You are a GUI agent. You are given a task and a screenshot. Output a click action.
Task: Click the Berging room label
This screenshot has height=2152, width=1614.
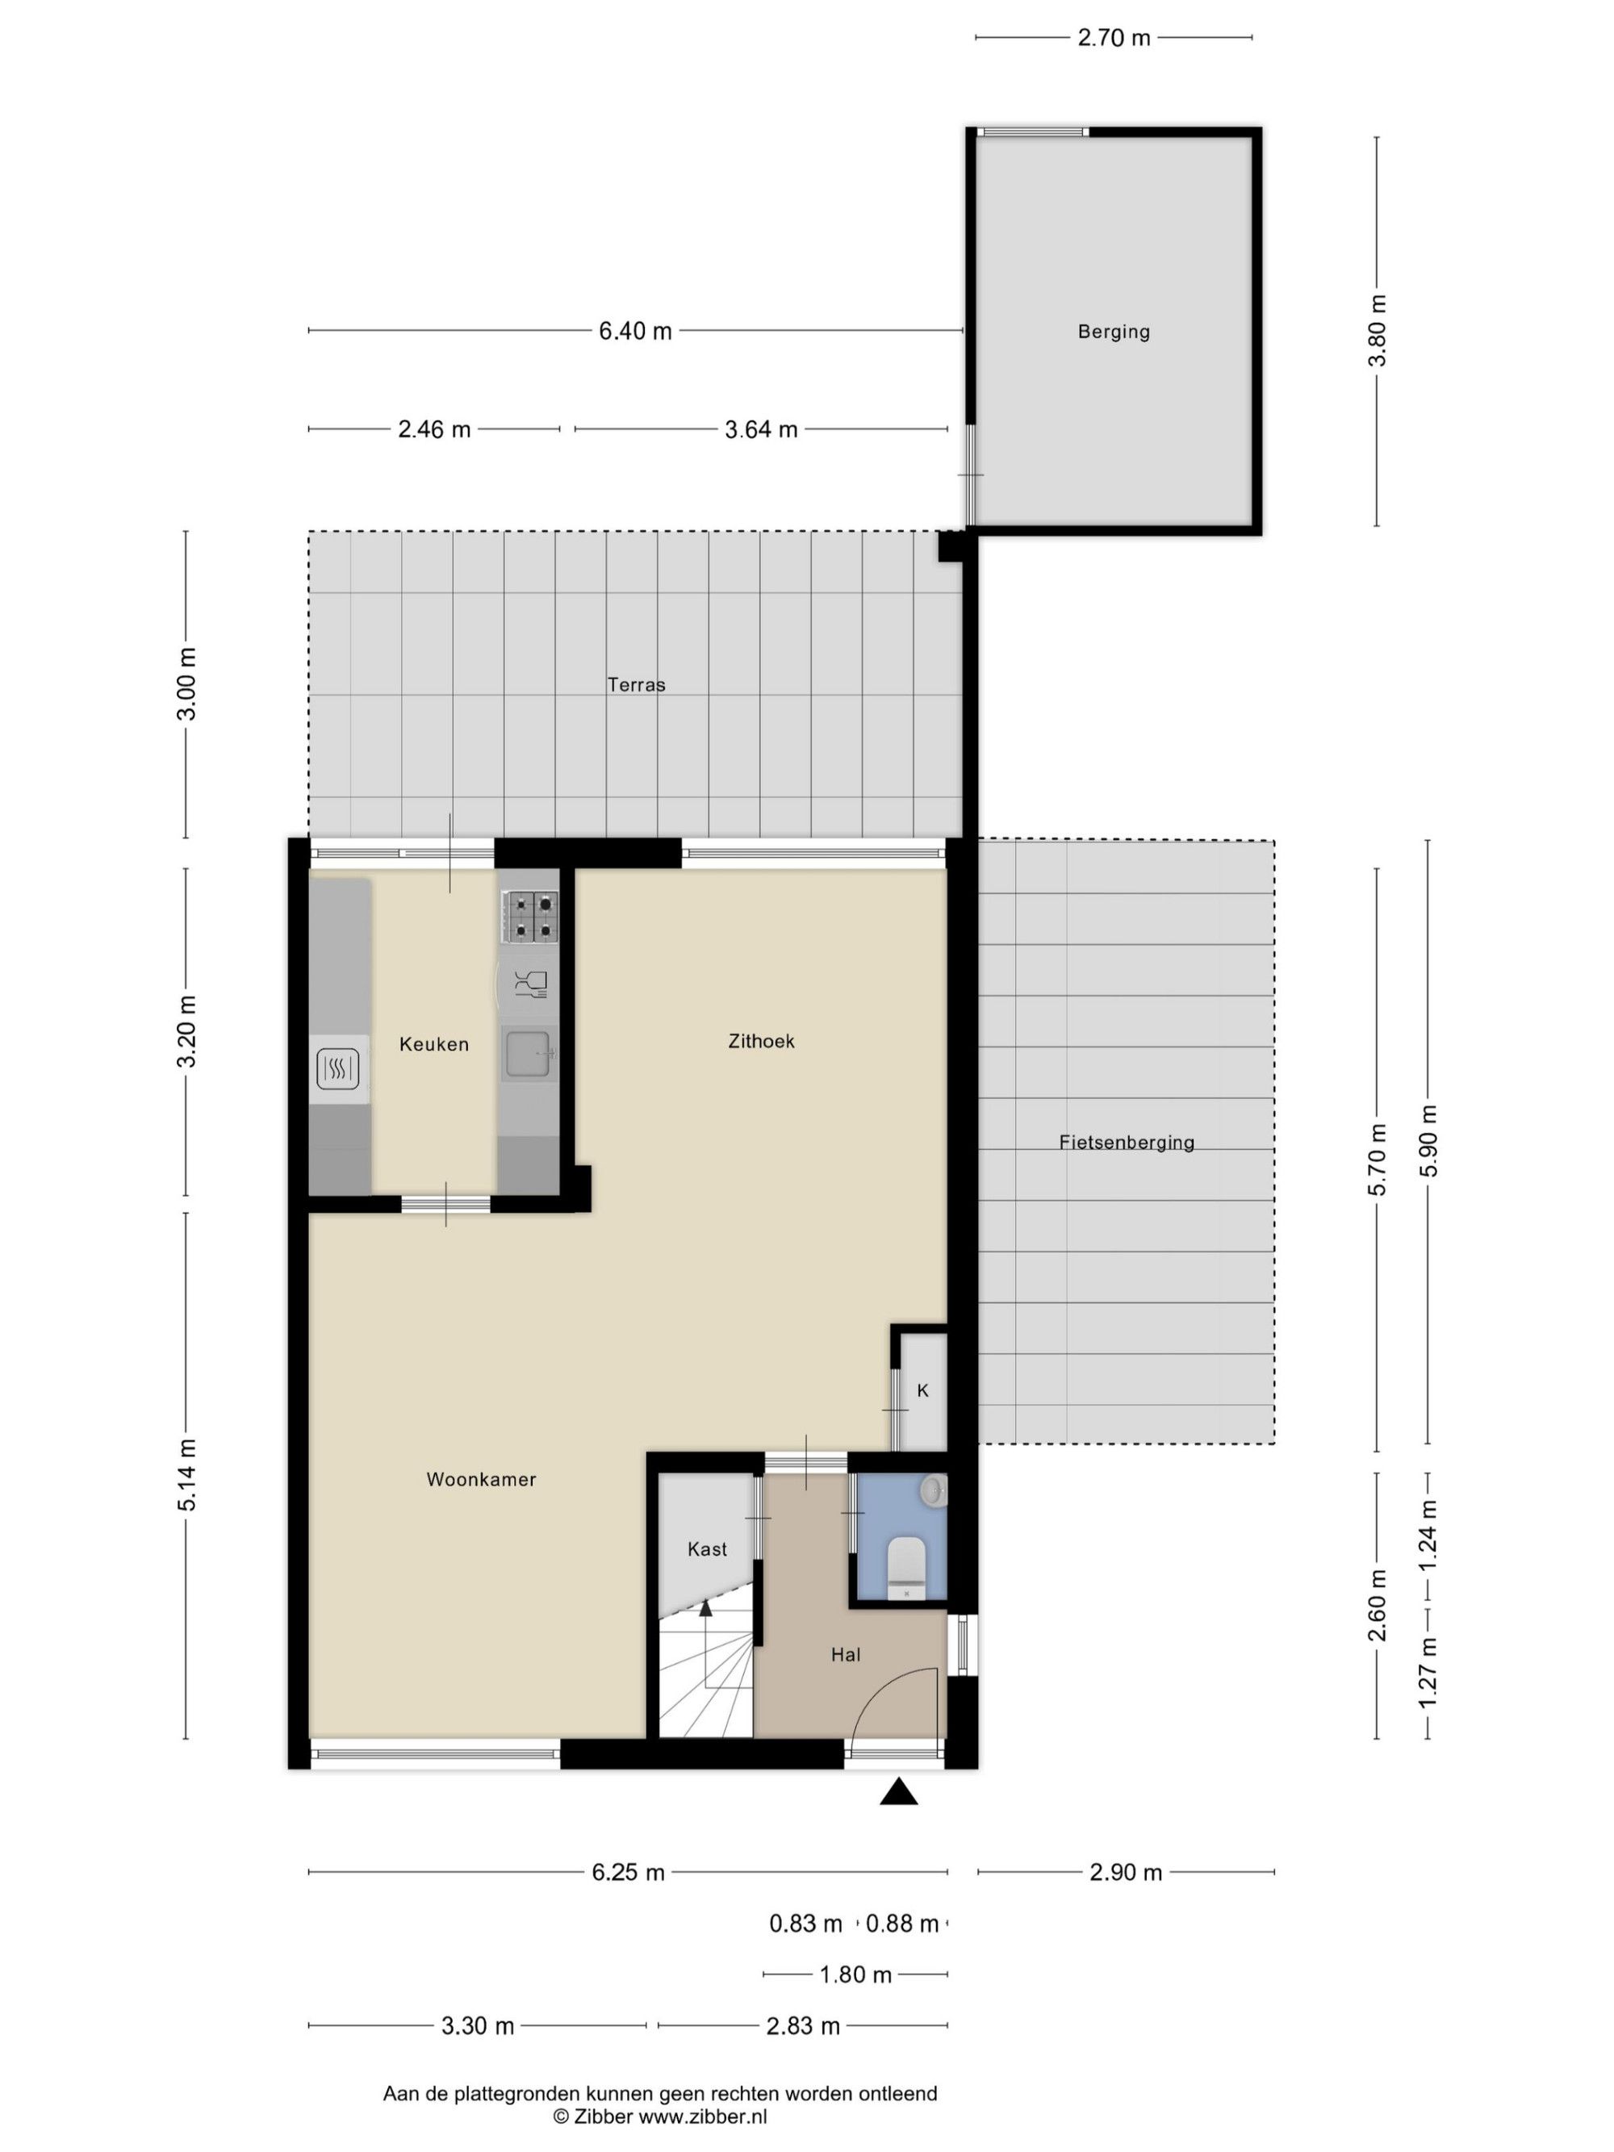point(1113,332)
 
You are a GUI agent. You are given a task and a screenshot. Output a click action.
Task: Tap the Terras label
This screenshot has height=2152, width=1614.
point(636,684)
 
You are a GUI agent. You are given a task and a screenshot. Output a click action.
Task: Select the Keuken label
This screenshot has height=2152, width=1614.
point(434,1044)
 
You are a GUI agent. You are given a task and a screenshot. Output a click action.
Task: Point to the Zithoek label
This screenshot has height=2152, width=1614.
point(761,1041)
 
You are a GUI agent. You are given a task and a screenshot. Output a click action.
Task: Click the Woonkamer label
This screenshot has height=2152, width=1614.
point(481,1479)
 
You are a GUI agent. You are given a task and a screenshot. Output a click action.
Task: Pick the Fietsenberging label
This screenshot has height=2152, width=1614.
point(1127,1142)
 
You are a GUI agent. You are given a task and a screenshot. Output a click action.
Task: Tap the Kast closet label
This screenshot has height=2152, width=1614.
point(706,1548)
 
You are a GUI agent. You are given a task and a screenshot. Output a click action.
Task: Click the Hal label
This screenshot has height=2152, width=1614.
point(846,1654)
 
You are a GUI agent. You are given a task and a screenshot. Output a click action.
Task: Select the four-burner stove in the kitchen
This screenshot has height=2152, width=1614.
point(530,917)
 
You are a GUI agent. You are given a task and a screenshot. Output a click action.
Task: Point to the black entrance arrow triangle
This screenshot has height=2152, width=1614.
point(898,1791)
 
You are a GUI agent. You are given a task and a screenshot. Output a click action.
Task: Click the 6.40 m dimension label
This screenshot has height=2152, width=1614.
point(635,331)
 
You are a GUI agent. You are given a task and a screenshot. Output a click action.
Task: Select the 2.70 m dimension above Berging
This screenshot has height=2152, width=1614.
point(1114,38)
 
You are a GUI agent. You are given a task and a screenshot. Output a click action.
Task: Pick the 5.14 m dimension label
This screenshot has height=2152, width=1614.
point(188,1475)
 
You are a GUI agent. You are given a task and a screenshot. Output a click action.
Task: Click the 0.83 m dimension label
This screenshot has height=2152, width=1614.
point(805,1924)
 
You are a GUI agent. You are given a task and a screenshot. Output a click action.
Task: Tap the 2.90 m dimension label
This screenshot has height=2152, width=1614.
point(1126,1873)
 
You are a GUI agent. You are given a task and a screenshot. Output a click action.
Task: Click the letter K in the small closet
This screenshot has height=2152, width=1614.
point(922,1390)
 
